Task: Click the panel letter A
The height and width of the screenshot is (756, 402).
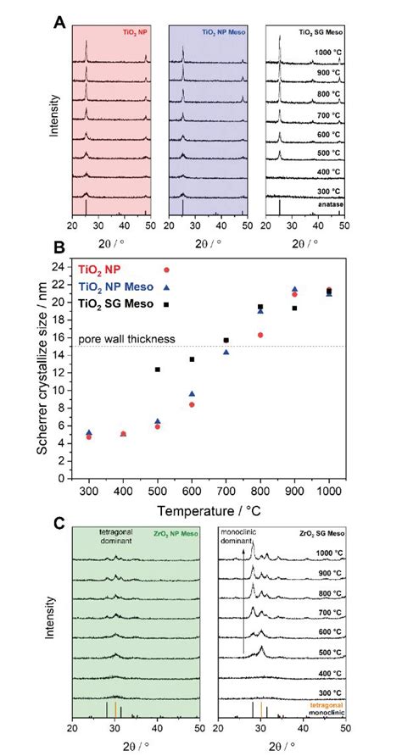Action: tap(59, 19)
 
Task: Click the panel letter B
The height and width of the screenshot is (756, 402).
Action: tap(59, 252)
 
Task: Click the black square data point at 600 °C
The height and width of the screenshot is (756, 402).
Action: tap(192, 359)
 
